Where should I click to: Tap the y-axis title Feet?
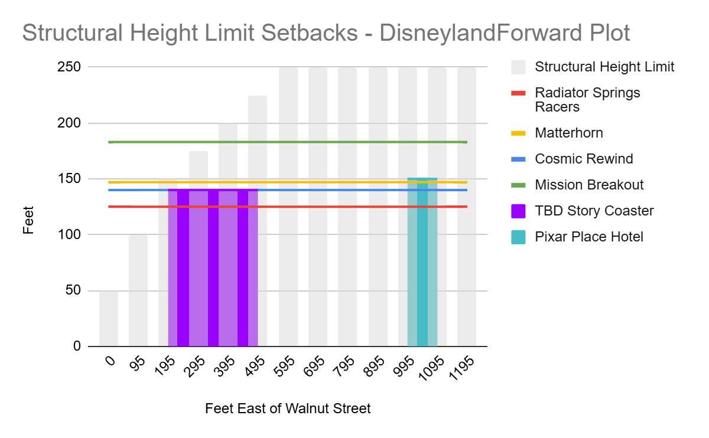pyautogui.click(x=28, y=220)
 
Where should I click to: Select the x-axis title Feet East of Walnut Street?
pyautogui.click(x=288, y=408)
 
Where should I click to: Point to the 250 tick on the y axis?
pyautogui.click(x=69, y=67)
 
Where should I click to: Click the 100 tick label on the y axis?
pyautogui.click(x=69, y=235)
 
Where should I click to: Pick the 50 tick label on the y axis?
pyautogui.click(x=73, y=290)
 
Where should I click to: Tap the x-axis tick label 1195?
pyautogui.click(x=461, y=368)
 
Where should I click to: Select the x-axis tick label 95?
pyautogui.click(x=138, y=364)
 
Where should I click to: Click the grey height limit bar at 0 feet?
pyautogui.click(x=109, y=318)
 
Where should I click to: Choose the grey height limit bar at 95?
pyautogui.click(x=138, y=290)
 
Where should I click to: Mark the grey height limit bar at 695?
pyautogui.click(x=318, y=207)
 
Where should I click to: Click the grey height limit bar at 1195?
pyautogui.click(x=467, y=207)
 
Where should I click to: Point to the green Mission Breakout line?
pyautogui.click(x=288, y=142)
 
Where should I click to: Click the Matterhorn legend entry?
pyautogui.click(x=557, y=133)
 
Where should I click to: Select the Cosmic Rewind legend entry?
pyautogui.click(x=572, y=159)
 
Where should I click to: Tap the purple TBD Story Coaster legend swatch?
pyautogui.click(x=518, y=211)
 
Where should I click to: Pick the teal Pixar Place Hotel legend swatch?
pyautogui.click(x=518, y=237)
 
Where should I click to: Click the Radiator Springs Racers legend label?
pyautogui.click(x=587, y=100)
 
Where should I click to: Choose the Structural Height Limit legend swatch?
pyautogui.click(x=518, y=67)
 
